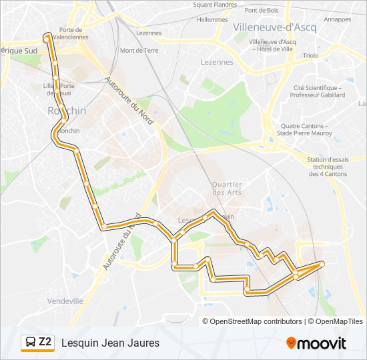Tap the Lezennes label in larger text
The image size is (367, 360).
217,62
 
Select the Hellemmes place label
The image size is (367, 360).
212,20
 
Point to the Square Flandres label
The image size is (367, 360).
215,5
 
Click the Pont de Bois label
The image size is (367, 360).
262,10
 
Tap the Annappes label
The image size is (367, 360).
338,19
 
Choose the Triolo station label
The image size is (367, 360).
310,56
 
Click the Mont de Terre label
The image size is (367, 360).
139,50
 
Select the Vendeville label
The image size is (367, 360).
65,301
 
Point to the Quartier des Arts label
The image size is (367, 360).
227,188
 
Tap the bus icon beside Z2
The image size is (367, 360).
29,343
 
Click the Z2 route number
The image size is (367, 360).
45,343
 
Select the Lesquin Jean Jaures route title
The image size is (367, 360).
110,343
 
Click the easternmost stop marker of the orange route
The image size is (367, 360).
322,264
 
